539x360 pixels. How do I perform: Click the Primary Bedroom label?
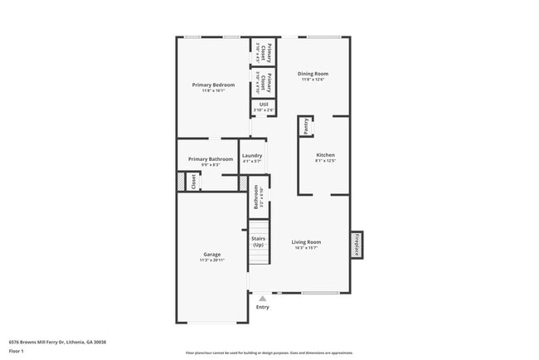coord(213,85)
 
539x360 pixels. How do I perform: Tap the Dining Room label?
coord(312,74)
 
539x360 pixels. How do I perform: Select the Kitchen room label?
coord(326,155)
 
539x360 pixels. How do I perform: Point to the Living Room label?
coord(306,241)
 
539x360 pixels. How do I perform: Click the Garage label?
coord(212,254)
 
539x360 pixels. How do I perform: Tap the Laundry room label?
coord(252,155)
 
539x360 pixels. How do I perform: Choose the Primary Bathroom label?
coord(210,158)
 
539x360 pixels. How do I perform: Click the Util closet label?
coord(263,104)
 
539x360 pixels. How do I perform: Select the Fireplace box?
coord(357,245)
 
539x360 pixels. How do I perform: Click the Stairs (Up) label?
coord(259,241)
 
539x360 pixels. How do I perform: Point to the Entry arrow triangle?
coord(263,298)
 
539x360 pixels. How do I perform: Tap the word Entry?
coord(263,307)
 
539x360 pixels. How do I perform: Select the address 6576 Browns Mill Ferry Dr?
coord(57,342)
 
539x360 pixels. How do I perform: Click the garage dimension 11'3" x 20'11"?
coord(212,260)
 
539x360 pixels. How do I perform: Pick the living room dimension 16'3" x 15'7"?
coord(306,248)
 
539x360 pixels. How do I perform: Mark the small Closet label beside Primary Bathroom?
coord(193,182)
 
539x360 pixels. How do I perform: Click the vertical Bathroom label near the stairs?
coord(256,197)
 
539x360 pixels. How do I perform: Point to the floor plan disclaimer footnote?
coord(269,353)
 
